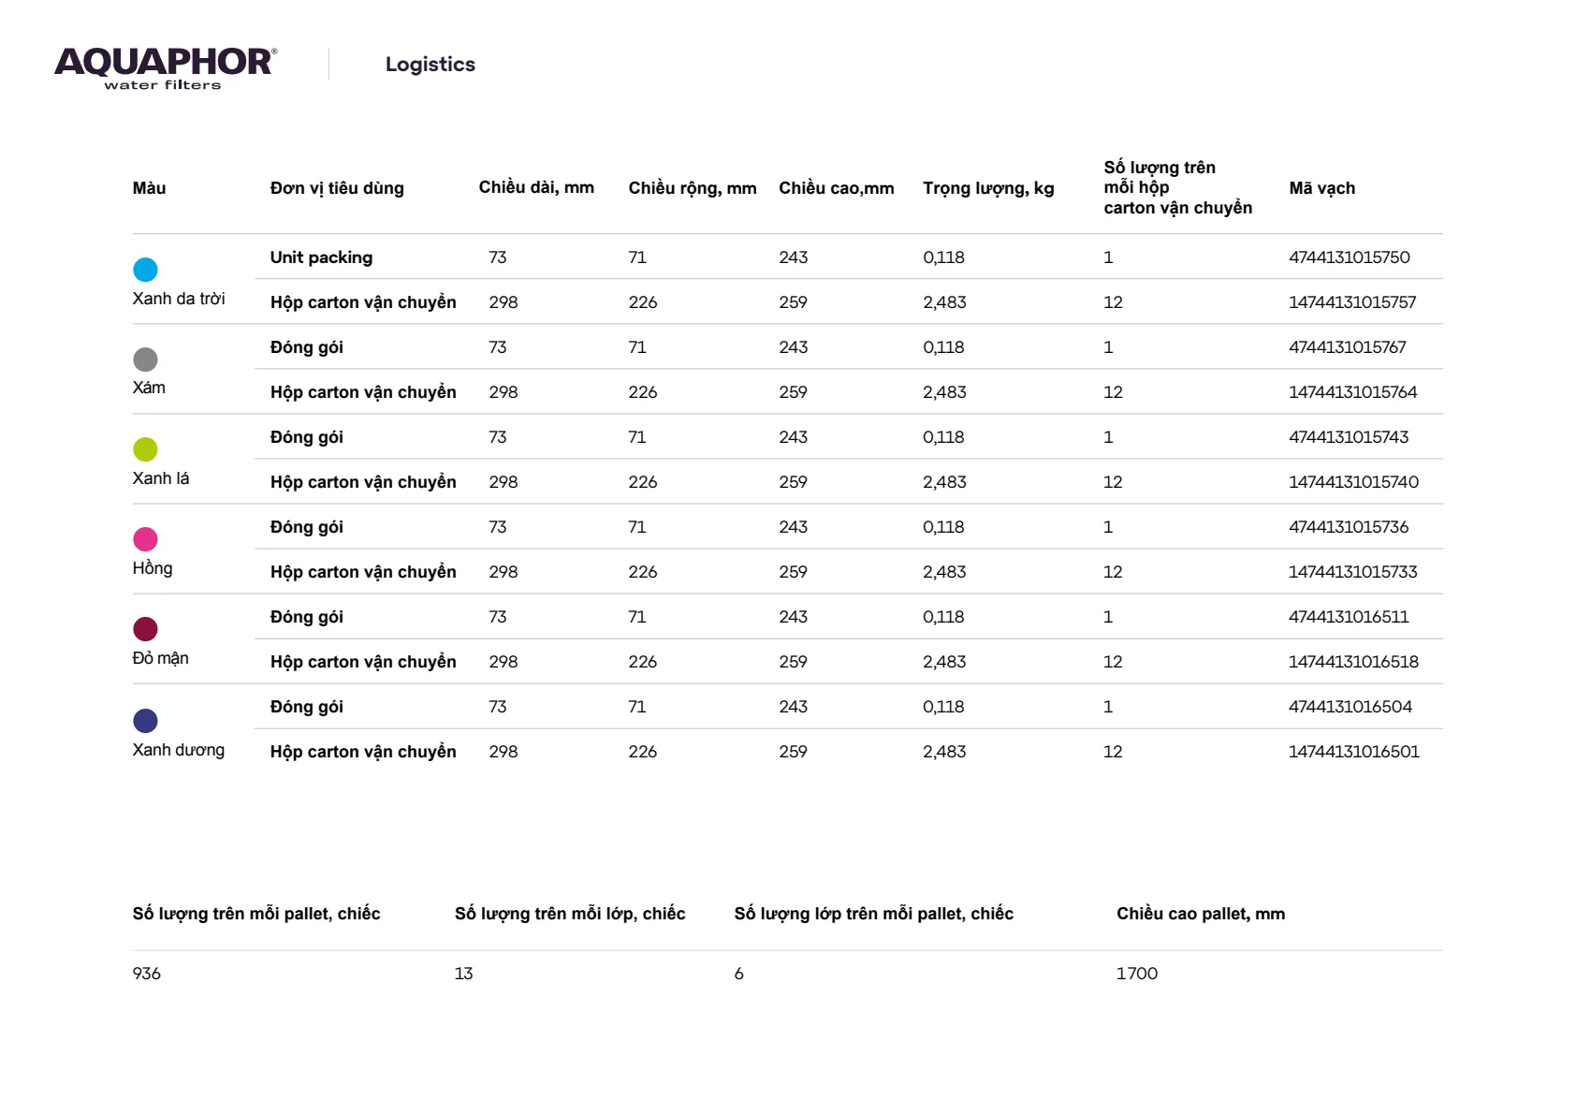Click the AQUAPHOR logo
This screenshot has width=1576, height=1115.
165,67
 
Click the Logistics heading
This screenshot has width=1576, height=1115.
430,65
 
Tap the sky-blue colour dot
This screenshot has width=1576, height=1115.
145,270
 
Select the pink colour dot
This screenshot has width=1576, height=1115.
145,539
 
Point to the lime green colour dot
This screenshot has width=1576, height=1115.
145,449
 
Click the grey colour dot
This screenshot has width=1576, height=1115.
145,359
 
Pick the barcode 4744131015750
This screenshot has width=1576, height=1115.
1349,257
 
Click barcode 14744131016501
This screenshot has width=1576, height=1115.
1353,752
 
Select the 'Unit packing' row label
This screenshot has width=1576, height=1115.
321,257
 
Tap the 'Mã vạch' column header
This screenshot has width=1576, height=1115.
1321,188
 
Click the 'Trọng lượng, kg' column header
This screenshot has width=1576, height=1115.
988,188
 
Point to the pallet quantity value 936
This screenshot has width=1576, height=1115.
147,974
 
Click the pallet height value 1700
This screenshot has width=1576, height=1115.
1136,974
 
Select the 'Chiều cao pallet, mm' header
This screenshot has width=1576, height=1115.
1200,914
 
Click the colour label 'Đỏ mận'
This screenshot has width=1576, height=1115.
160,658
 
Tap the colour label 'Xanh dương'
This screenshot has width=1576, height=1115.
178,750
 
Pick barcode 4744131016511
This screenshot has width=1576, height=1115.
1348,617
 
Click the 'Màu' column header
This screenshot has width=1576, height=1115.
149,188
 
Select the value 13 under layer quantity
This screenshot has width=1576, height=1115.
463,974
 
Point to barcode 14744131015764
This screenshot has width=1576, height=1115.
1352,392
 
